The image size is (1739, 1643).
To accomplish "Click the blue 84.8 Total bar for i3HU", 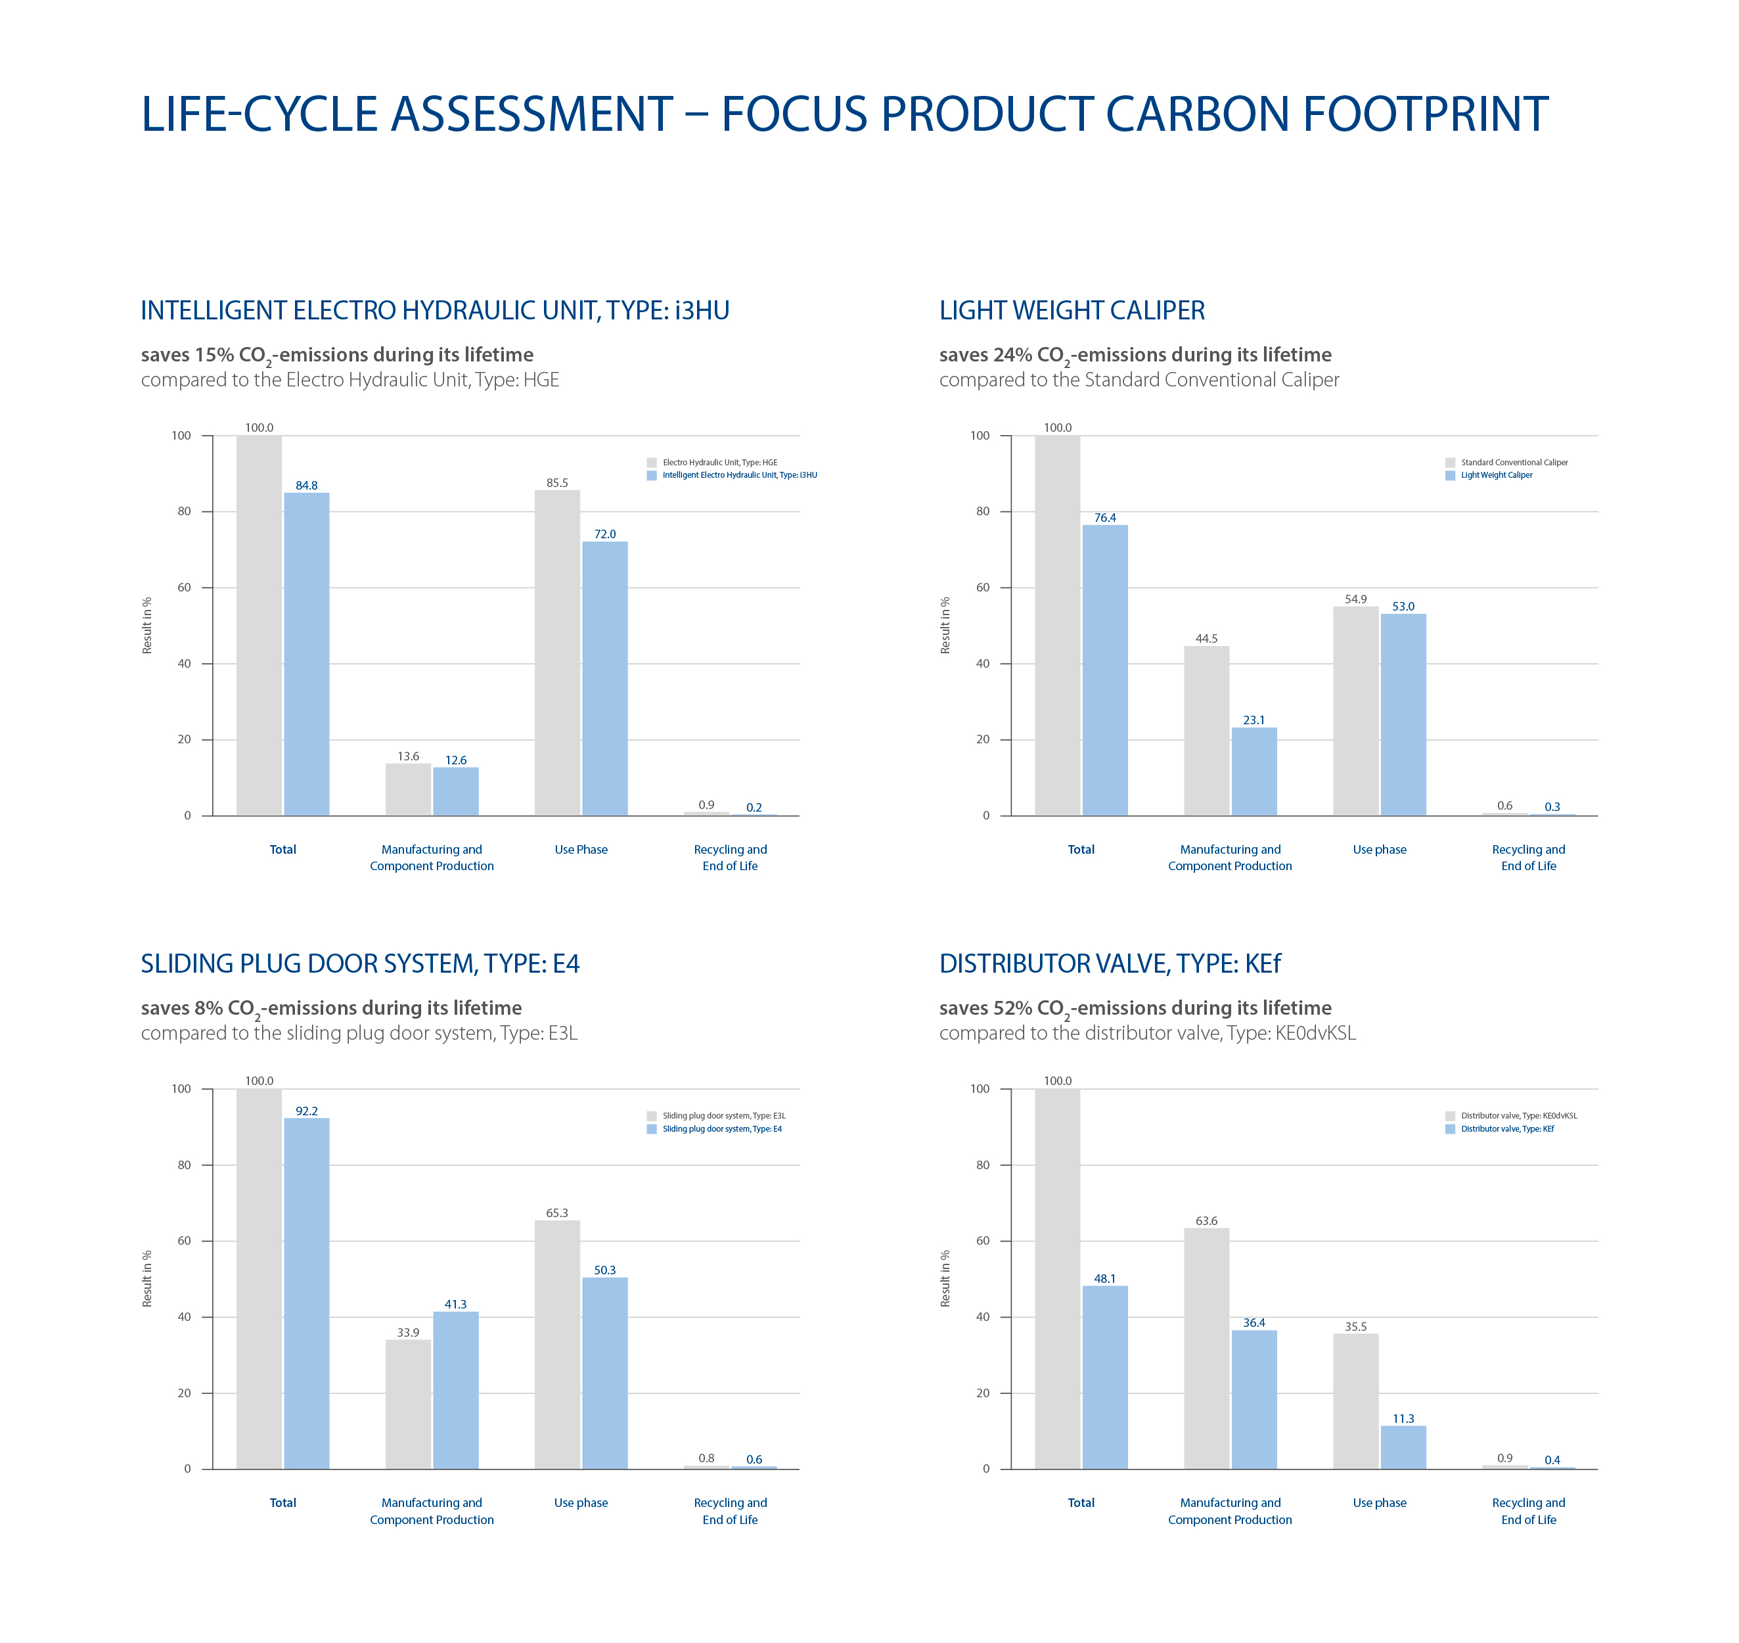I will [x=306, y=653].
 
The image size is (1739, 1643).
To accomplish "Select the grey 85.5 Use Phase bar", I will [x=557, y=653].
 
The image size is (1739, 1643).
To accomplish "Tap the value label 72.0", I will [x=605, y=534].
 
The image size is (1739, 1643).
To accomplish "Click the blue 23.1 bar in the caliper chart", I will [x=1254, y=771].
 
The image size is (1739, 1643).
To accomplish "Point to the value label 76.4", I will [x=1105, y=518].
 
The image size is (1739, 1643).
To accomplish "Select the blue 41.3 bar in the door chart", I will [x=455, y=1390].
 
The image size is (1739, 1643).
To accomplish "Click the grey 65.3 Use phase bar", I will [x=557, y=1345].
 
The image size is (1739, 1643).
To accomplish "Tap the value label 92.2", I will [x=306, y=1111].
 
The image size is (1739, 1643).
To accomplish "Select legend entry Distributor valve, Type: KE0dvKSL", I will [x=1518, y=1116].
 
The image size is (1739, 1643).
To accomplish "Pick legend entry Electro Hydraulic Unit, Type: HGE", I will [x=719, y=463].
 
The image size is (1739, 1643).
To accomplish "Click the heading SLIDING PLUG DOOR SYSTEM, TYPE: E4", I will [x=360, y=964].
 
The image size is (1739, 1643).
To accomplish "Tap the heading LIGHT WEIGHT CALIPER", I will [x=1072, y=311].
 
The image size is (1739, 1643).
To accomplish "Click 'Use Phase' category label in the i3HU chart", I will [x=581, y=850].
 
